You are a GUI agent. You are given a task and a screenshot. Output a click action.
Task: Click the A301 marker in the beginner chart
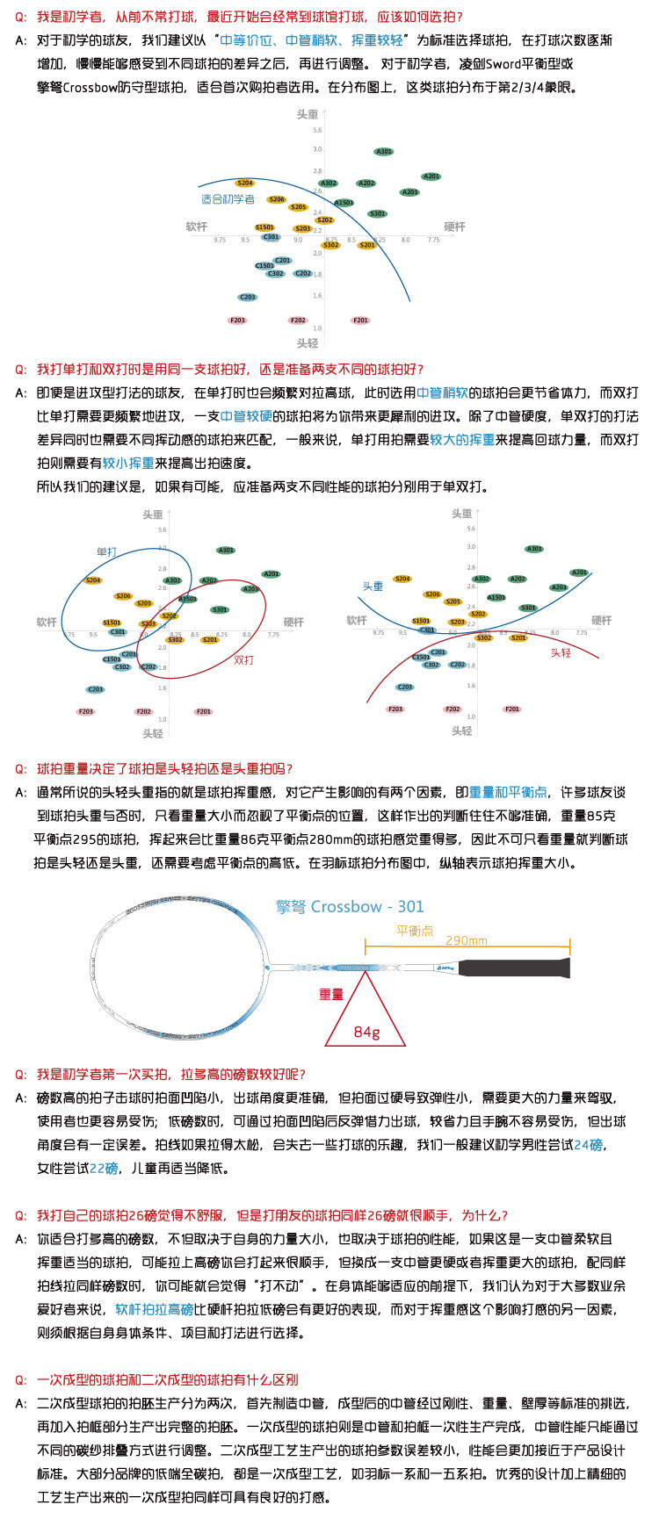click(384, 152)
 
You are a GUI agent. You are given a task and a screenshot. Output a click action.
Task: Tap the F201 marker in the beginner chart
click(360, 320)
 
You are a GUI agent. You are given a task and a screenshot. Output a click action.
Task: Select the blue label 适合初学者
click(228, 199)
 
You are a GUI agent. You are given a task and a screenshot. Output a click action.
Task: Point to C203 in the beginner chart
click(248, 297)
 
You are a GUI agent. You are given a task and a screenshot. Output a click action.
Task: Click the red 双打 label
click(243, 659)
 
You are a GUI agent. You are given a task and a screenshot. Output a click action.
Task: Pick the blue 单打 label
click(106, 551)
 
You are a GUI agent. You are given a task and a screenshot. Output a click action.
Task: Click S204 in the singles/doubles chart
click(93, 580)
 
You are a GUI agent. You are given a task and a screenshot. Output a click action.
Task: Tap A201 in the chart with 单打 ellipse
click(272, 574)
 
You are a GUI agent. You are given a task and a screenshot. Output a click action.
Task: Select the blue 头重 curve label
click(373, 586)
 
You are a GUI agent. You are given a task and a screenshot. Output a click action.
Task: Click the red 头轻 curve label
click(561, 652)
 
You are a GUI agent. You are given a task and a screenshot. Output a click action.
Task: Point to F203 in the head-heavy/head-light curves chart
click(395, 709)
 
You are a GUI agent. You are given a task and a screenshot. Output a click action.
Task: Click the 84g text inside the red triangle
click(366, 1032)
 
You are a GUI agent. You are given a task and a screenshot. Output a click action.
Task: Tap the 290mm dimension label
click(466, 940)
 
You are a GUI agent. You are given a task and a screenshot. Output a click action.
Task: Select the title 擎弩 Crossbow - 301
click(350, 906)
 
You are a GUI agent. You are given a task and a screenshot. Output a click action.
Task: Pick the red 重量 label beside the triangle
click(331, 994)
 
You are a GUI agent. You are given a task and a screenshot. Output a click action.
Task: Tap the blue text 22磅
click(104, 1168)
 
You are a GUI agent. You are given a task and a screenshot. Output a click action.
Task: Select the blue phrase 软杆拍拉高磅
click(154, 1309)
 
